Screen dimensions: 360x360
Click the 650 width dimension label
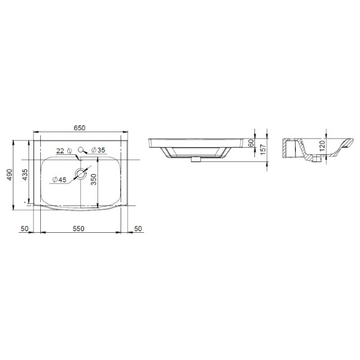(x=79, y=128)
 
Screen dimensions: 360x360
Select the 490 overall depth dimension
(x=9, y=175)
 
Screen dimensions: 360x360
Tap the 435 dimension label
(x=25, y=175)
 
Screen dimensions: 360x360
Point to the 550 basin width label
(x=79, y=229)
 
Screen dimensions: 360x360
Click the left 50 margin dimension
(x=25, y=229)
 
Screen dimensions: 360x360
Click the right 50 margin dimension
(x=138, y=229)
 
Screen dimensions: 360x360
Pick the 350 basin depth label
(x=94, y=179)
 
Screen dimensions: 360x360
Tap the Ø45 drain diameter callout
(x=59, y=179)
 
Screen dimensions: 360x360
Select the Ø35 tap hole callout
(x=98, y=150)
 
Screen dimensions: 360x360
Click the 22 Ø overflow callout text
(x=64, y=151)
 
